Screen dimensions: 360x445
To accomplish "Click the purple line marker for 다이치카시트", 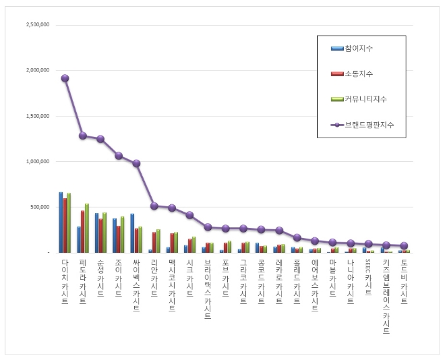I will pos(65,78).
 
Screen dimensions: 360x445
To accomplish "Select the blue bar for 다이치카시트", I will pos(61,222).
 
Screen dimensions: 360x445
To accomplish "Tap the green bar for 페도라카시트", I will pos(87,228).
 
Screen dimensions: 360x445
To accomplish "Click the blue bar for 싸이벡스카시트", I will pos(132,233).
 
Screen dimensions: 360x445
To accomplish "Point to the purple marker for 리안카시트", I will pos(154,206).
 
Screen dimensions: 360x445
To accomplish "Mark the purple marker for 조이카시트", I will pos(118,156).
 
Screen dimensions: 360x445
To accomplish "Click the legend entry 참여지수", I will pos(358,49).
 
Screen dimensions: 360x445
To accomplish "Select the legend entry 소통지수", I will pos(358,73).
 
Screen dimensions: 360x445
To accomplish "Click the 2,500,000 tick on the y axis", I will pos(37,25).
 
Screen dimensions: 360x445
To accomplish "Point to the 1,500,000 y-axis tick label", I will pos(37,116).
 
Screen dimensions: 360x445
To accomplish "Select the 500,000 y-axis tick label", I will pos(40,207).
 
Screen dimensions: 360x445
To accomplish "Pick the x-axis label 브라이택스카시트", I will pos(208,289).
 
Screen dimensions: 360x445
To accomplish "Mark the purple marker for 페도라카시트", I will pos(82,136).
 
